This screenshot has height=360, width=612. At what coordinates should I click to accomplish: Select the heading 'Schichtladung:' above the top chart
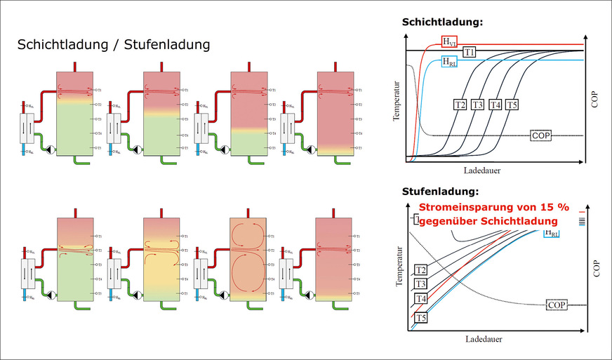pyautogui.click(x=442, y=22)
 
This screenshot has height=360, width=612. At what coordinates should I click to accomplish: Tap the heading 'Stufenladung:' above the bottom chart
pyautogui.click(x=439, y=191)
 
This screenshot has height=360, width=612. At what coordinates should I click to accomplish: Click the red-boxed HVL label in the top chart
pyautogui.click(x=448, y=41)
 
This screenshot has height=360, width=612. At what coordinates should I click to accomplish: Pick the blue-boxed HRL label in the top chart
pyautogui.click(x=448, y=60)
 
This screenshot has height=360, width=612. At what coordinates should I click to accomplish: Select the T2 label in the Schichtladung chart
pyautogui.click(x=460, y=105)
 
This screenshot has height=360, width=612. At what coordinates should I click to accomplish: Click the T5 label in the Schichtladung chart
pyautogui.click(x=512, y=105)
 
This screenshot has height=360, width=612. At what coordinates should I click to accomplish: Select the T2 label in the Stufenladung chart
pyautogui.click(x=421, y=269)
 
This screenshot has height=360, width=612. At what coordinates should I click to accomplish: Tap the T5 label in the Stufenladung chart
pyautogui.click(x=420, y=317)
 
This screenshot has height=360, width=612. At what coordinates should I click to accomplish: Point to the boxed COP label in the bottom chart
pyautogui.click(x=557, y=305)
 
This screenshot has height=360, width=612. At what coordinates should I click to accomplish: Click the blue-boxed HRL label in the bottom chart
pyautogui.click(x=552, y=233)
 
